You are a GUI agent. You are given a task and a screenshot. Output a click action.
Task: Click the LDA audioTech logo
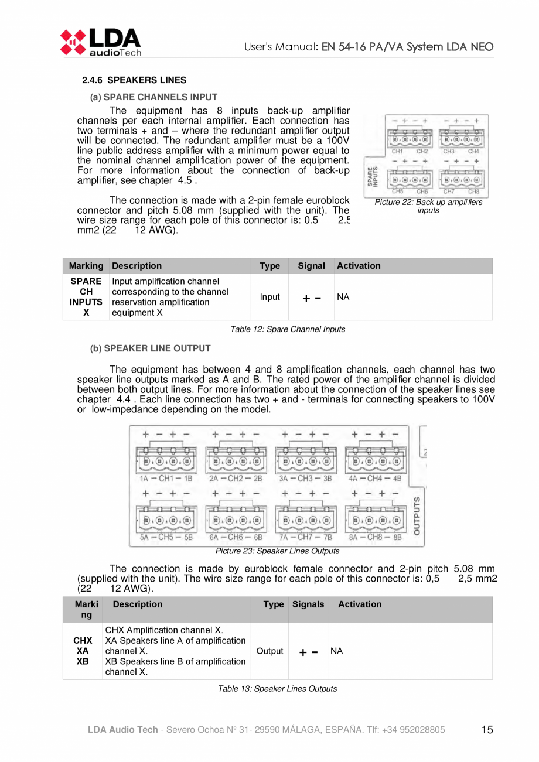tap(100, 42)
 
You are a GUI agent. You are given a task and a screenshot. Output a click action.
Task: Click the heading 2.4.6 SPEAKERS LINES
tap(134, 80)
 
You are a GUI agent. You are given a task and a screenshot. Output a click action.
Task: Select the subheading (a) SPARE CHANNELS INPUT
tap(153, 97)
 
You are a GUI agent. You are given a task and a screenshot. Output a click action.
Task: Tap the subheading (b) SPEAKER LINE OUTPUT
tap(150, 348)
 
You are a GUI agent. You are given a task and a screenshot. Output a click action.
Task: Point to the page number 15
tap(487, 730)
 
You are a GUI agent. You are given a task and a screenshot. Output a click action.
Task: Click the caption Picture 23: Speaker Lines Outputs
tap(277, 551)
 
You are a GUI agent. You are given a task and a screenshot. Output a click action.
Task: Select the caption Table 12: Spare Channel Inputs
tap(288, 329)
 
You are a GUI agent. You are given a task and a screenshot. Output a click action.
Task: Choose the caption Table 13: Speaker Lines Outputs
tap(277, 688)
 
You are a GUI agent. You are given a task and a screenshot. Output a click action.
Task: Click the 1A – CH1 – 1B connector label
tap(166, 478)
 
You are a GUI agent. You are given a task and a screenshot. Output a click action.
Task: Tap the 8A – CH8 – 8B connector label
tap(375, 537)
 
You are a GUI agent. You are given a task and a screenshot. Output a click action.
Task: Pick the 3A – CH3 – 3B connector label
tap(305, 478)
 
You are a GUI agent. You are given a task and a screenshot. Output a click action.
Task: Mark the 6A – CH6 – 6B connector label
tap(236, 537)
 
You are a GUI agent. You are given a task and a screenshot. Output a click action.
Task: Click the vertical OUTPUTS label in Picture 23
tap(417, 516)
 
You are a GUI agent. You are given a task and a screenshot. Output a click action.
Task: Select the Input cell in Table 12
tap(269, 297)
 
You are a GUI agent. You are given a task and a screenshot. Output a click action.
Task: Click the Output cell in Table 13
tap(270, 651)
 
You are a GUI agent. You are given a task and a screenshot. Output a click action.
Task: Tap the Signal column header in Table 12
tap(311, 266)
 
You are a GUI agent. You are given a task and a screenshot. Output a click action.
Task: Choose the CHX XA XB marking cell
tap(83, 651)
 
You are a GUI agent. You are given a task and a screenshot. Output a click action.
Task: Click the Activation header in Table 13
tap(360, 604)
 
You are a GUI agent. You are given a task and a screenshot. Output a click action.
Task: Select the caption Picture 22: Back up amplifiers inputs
tap(428, 206)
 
